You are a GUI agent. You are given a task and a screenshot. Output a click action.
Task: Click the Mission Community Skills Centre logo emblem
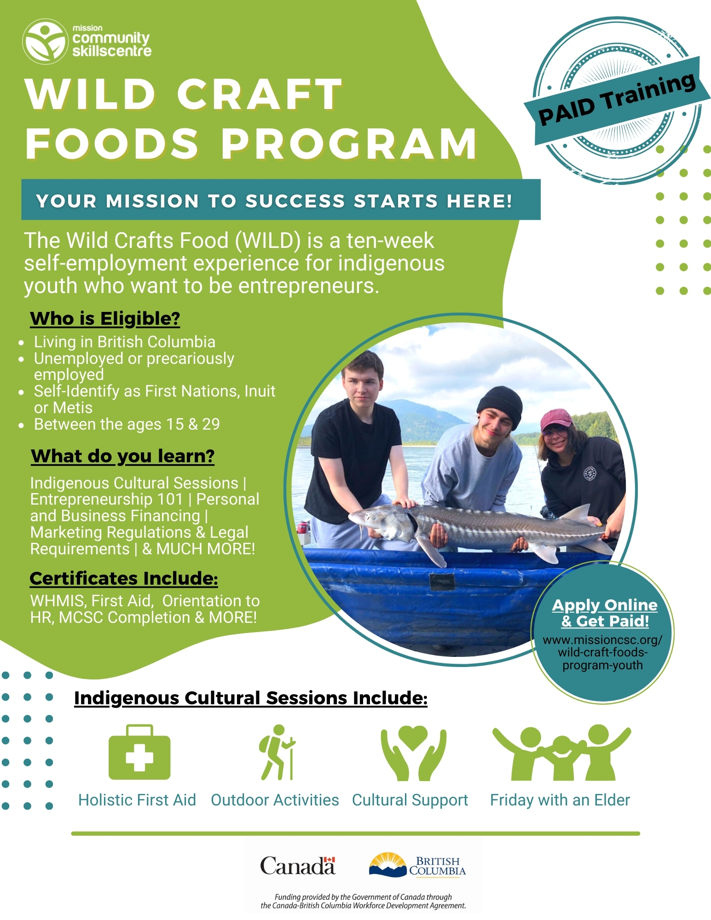(45, 41)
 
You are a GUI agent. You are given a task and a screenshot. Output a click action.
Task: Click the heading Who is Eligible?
(105, 319)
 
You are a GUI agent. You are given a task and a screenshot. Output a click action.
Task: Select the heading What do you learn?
(123, 456)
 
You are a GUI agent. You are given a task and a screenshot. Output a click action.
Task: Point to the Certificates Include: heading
(124, 579)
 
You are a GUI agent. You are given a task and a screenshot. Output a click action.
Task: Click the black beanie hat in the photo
(501, 406)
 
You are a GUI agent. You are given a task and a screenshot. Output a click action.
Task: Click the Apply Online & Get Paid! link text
(605, 613)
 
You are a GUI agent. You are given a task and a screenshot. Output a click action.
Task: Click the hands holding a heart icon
(413, 753)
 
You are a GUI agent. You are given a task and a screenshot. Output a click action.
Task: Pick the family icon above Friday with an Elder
(561, 753)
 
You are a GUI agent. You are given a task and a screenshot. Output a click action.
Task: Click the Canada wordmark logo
(298, 866)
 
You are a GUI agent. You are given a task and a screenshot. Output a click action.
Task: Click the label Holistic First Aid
(137, 800)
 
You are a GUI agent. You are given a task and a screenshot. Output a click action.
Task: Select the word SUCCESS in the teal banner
(295, 201)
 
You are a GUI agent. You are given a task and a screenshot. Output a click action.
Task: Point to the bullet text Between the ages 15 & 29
(127, 424)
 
